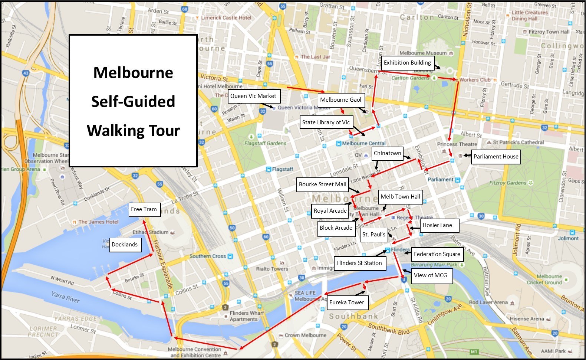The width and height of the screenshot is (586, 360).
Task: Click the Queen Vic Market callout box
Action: tap(254, 96)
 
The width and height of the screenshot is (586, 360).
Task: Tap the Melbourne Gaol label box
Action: tap(340, 100)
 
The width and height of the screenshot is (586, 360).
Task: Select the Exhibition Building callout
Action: tap(407, 63)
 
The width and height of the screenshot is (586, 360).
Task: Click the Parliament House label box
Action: tap(496, 157)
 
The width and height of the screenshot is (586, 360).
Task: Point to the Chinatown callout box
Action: tap(387, 153)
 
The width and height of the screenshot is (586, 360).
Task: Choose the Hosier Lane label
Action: tap(437, 225)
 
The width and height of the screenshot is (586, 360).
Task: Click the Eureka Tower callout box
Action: tap(346, 302)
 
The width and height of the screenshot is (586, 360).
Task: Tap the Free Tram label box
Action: tap(144, 209)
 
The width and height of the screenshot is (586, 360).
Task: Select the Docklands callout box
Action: tap(125, 245)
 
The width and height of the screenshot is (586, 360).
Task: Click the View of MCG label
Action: tap(430, 275)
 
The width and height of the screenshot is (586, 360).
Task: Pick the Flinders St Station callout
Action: tap(359, 263)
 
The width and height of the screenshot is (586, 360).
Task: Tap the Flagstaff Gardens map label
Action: tap(265, 143)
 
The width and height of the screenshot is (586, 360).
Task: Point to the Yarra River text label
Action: tap(65, 297)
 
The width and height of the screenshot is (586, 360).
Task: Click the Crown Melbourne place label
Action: tap(305, 335)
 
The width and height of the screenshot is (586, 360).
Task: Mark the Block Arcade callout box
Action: tap(336, 228)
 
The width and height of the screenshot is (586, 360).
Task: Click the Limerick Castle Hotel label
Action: tap(226, 17)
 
